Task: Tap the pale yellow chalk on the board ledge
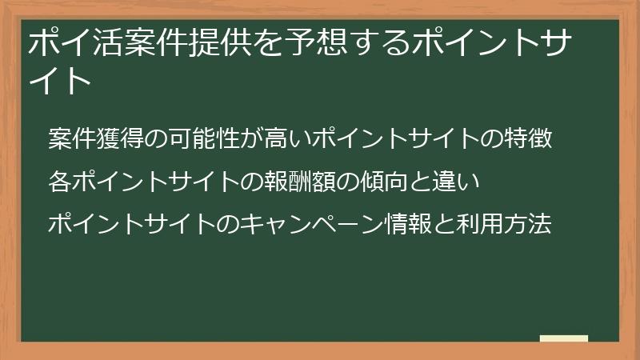(x=564, y=338)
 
